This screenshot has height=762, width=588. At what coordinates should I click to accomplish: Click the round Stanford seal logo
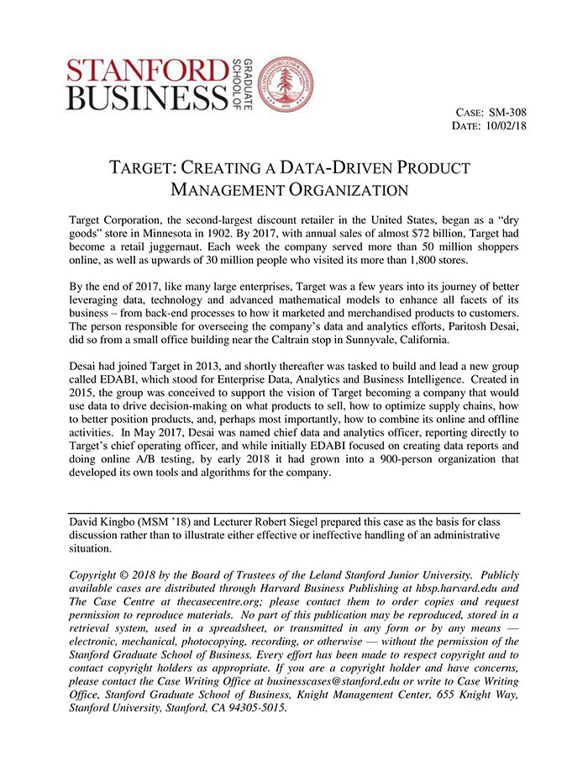pos(286,85)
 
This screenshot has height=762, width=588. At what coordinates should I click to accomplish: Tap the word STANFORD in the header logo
pos(146,71)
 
